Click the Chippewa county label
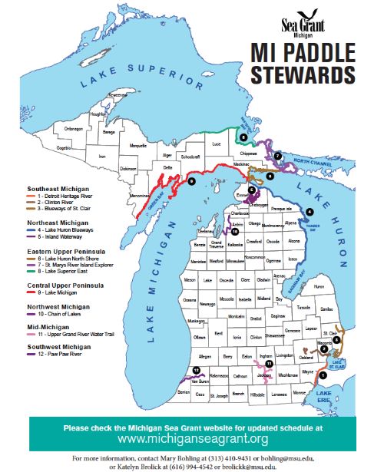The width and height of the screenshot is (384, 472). click(245, 153)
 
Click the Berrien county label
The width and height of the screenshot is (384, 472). click(184, 391)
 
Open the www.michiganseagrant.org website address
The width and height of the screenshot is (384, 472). click(192, 439)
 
